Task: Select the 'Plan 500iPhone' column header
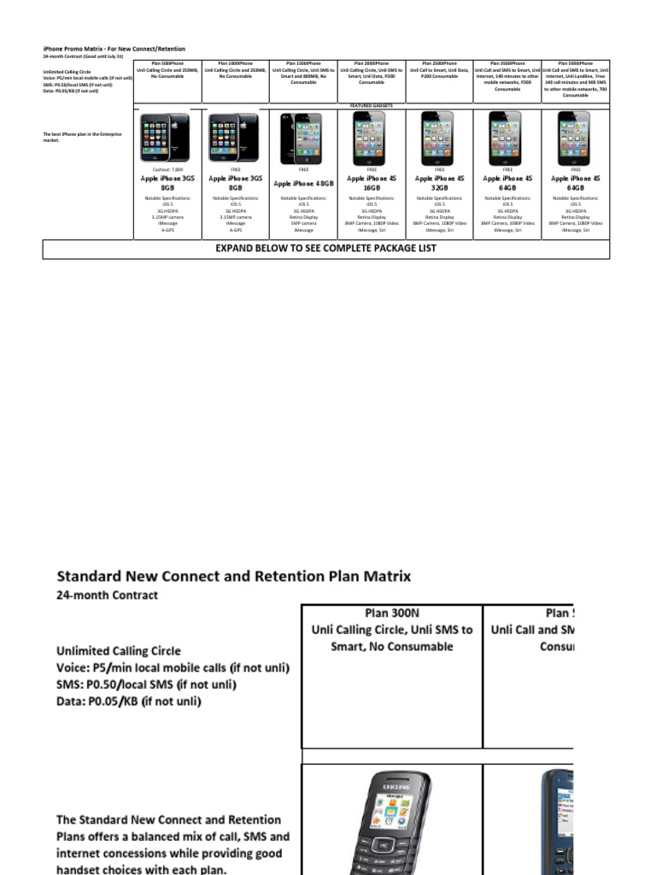click(167, 63)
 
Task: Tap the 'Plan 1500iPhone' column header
click(303, 63)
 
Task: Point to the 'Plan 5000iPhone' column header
click(575, 63)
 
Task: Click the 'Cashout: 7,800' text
click(167, 169)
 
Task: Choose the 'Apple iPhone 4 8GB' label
click(303, 183)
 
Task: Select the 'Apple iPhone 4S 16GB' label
click(372, 183)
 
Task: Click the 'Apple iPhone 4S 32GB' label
click(439, 183)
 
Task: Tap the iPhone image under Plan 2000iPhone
click(372, 138)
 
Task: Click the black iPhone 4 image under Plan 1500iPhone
click(303, 138)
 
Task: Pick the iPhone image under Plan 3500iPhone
click(507, 138)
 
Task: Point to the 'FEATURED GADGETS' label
click(372, 105)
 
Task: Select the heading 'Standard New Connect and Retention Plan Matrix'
click(233, 576)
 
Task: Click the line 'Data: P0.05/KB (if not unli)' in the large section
click(128, 702)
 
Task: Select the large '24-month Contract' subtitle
click(107, 595)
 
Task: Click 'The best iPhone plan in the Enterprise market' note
click(83, 137)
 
